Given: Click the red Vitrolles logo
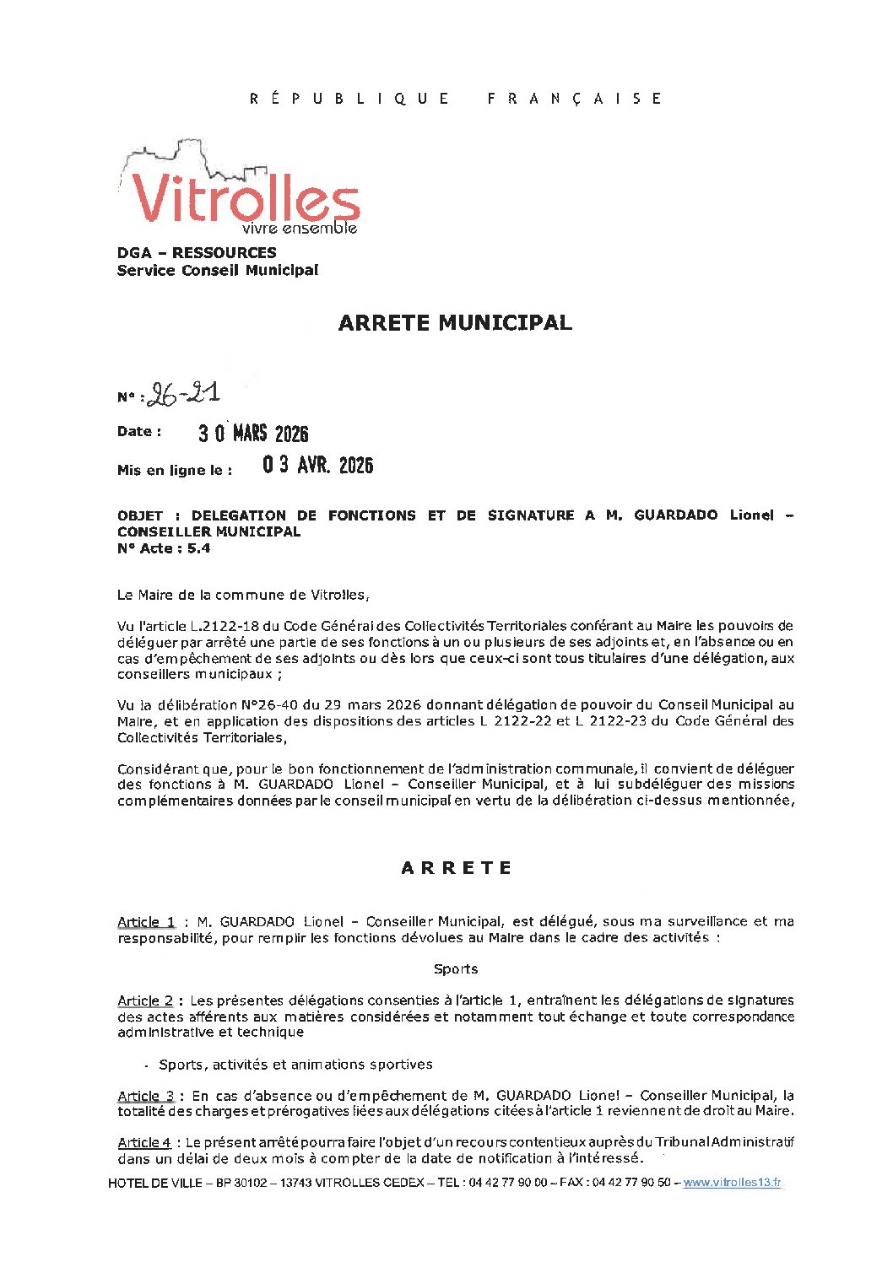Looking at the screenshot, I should (x=245, y=198).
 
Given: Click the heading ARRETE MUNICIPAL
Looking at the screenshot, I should (x=455, y=322).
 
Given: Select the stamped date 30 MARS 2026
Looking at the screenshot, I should (x=253, y=434).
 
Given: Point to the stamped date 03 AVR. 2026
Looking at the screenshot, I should (x=317, y=465).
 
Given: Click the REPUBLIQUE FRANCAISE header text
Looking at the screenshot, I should (x=456, y=99).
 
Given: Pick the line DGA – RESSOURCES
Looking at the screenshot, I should (x=197, y=252).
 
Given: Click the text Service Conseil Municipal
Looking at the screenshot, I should (x=218, y=270).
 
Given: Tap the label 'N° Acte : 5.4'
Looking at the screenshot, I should (x=164, y=548).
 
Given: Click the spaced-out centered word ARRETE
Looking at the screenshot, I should (x=457, y=868).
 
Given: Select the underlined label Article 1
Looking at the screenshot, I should (x=146, y=922).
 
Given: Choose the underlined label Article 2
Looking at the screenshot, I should (x=145, y=1000).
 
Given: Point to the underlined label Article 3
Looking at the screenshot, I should (x=146, y=1096).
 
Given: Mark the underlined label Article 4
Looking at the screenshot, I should (x=144, y=1142).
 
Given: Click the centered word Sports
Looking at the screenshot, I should (x=456, y=969).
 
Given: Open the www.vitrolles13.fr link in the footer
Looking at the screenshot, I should (x=732, y=1183).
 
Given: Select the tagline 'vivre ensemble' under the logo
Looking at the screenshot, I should (x=300, y=229).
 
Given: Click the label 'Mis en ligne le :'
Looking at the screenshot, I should (x=175, y=470).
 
